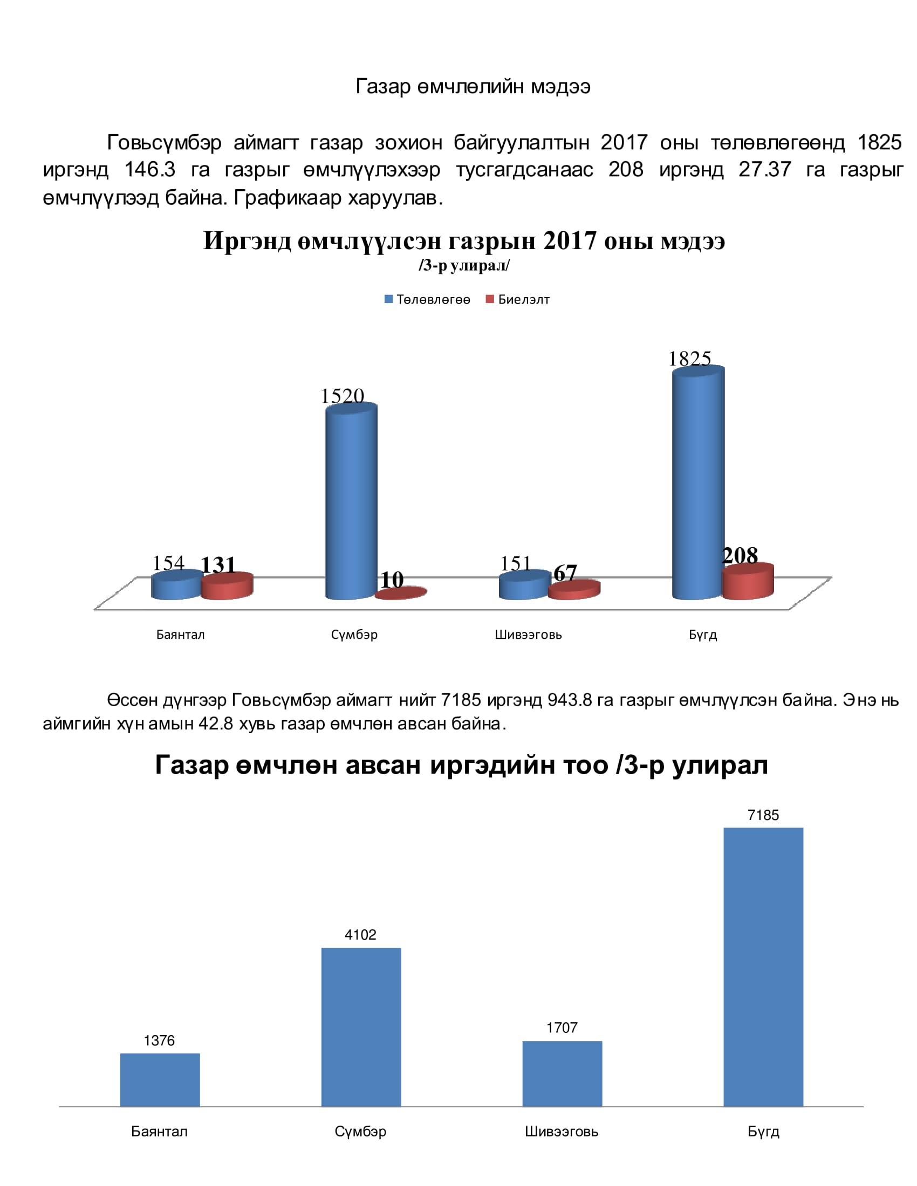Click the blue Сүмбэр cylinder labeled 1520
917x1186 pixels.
(x=351, y=502)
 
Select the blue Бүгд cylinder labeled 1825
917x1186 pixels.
(x=698, y=483)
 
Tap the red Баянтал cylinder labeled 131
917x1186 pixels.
(x=227, y=586)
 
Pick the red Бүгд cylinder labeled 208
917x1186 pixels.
(x=748, y=582)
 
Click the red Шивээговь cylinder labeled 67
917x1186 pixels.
(x=574, y=590)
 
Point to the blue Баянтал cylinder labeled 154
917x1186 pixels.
(x=177, y=584)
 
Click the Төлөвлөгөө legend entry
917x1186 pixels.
(x=428, y=299)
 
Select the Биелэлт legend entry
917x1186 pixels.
(x=518, y=299)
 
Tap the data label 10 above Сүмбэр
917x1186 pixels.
(x=392, y=580)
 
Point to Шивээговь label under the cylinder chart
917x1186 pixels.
(x=528, y=635)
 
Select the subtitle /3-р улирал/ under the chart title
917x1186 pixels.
(x=464, y=266)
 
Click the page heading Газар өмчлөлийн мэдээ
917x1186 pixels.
(x=473, y=86)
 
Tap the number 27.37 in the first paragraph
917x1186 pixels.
(x=765, y=169)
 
